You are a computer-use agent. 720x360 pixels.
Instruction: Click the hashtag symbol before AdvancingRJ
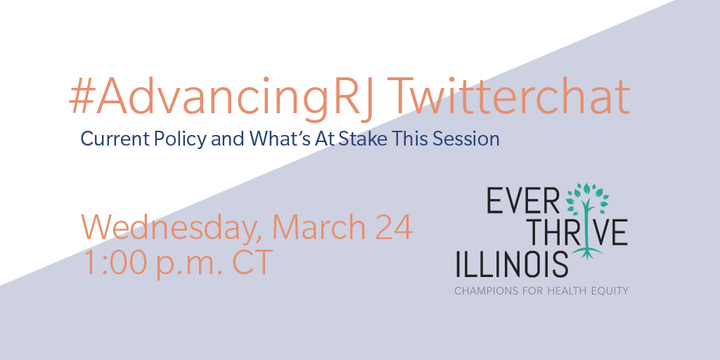point(82,96)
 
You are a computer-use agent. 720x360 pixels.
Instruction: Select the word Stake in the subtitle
point(356,139)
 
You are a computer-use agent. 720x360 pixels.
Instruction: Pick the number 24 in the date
point(394,227)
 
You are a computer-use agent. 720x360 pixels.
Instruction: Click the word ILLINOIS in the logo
point(512,264)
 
